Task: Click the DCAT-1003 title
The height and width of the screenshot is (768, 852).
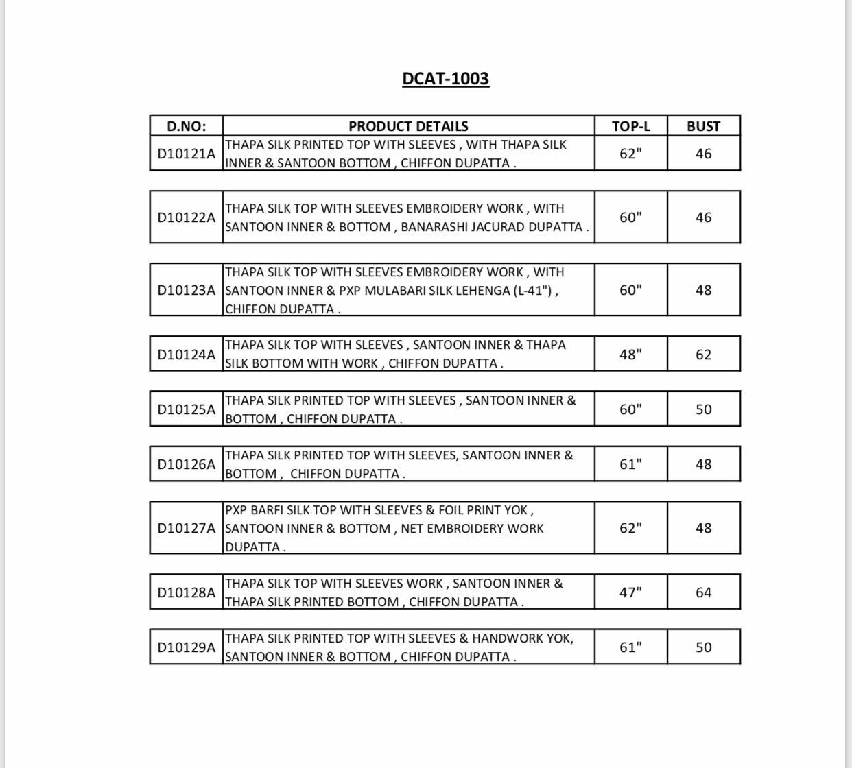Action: point(445,79)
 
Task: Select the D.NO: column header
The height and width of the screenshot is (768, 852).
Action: point(186,126)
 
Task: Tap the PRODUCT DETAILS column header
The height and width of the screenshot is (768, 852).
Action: point(408,126)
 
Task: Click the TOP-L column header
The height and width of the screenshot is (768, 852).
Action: point(630,126)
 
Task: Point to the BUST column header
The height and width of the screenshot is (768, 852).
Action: point(703,126)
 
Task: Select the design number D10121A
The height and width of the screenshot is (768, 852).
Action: point(186,154)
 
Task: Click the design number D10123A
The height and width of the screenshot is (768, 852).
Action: point(186,290)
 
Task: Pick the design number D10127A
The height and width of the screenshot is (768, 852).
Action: point(186,528)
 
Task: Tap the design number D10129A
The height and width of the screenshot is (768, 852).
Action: point(186,647)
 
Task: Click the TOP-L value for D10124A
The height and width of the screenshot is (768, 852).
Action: point(630,355)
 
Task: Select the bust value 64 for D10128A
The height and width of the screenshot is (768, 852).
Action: point(703,592)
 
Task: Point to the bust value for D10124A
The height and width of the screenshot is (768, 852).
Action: point(703,355)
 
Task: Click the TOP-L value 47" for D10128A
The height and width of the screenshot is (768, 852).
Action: point(630,592)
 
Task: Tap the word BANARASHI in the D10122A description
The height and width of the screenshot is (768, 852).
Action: point(434,227)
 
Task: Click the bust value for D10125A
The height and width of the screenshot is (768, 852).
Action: point(703,409)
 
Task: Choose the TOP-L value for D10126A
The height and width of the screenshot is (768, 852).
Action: point(630,464)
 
